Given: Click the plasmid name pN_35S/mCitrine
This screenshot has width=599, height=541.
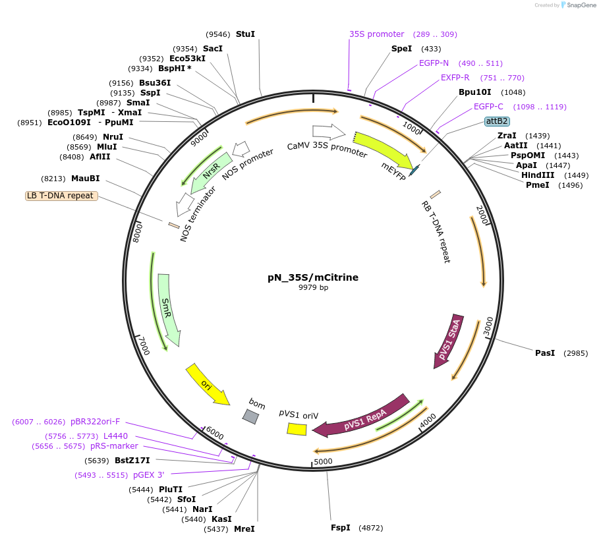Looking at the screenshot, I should point(313,277).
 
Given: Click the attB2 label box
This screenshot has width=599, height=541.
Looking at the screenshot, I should point(496,121).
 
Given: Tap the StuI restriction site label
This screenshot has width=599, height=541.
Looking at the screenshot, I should point(245,34).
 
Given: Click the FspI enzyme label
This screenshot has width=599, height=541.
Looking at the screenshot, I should point(341,528).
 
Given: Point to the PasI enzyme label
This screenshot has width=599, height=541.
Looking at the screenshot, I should point(545,353).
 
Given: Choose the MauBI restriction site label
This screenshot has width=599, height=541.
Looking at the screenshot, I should point(86,179).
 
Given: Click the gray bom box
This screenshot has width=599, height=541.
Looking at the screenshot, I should point(250,416).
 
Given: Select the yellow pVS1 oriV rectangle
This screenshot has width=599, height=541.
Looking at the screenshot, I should point(297,429).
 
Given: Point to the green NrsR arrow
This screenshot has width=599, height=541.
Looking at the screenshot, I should point(212,172).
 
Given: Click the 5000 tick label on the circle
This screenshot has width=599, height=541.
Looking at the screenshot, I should point(323,461).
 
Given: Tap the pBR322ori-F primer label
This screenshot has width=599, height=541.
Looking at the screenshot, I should point(96,422).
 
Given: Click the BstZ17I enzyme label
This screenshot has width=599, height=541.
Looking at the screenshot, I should point(132,460).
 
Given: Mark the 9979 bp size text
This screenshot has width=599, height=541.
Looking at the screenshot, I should point(313,288).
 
